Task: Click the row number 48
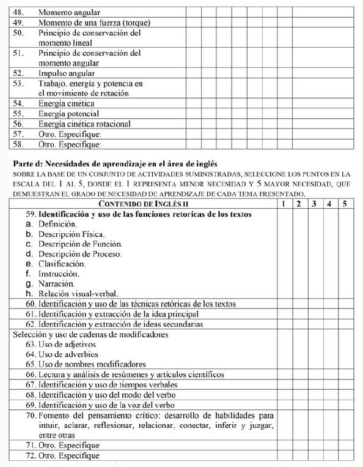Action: click(18, 12)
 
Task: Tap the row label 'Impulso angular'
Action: click(66, 72)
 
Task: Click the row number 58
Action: click(18, 144)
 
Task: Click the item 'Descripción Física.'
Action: click(71, 234)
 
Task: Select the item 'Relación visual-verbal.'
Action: click(78, 294)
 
